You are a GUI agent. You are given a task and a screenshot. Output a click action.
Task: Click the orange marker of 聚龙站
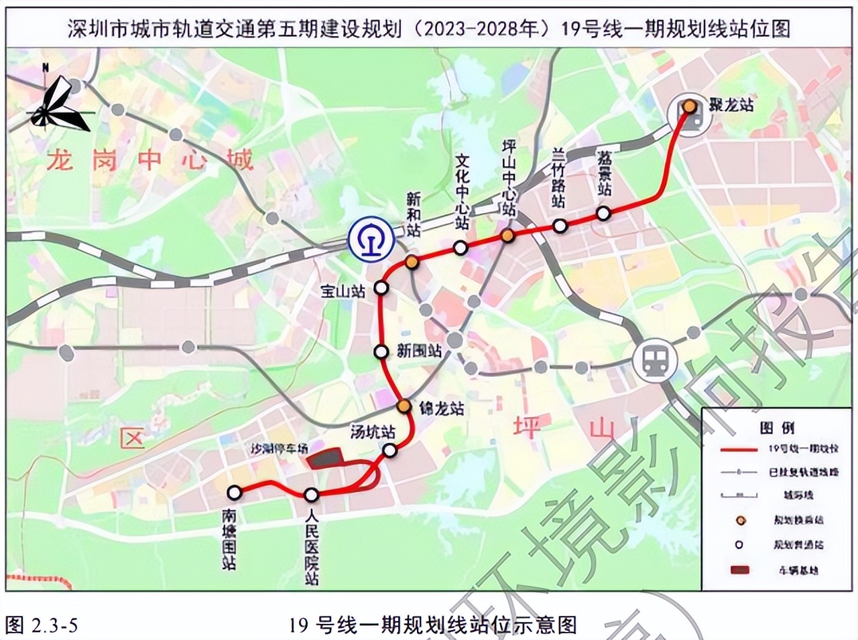(x=689, y=106)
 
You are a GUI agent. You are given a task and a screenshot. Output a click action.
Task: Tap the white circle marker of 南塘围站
(x=234, y=493)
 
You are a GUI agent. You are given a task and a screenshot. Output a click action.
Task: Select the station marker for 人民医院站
(x=311, y=495)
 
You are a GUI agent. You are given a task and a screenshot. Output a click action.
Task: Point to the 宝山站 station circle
(x=381, y=288)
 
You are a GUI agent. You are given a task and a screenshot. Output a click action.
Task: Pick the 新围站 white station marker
(x=381, y=351)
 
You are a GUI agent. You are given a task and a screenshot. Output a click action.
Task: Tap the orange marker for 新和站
(x=412, y=262)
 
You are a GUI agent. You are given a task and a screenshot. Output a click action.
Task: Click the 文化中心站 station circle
(x=461, y=248)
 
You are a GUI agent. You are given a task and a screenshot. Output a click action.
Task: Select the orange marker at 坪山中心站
(x=508, y=235)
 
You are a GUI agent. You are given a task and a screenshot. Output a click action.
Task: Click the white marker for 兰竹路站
(x=560, y=226)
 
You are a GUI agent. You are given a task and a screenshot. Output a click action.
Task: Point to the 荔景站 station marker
(x=604, y=214)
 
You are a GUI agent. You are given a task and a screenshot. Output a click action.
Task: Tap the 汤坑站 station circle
(x=390, y=451)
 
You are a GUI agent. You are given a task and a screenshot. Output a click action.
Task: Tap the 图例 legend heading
(x=777, y=428)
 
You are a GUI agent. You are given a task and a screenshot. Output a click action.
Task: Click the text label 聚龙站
(x=731, y=105)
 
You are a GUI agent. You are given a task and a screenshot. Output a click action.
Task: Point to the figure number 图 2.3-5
(x=42, y=625)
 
